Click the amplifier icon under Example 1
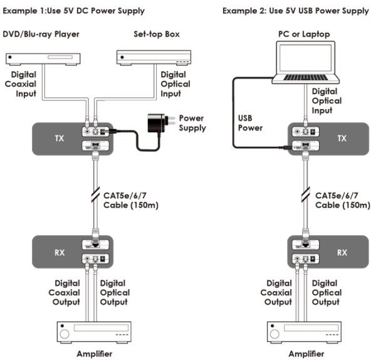pyautogui.click(x=88, y=332)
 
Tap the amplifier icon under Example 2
pyautogui.click(x=306, y=332)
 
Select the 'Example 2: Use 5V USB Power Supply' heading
pyautogui.click(x=296, y=11)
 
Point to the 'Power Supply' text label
pyautogui.click(x=192, y=122)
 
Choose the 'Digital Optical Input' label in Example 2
pyautogui.click(x=326, y=101)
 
